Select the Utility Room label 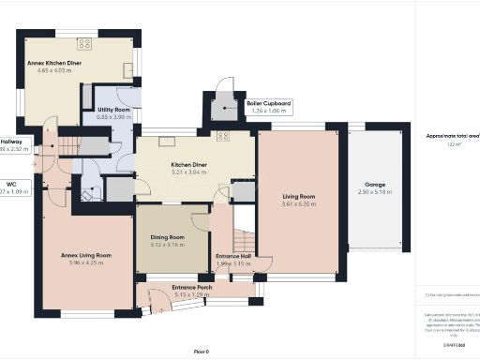click(112, 110)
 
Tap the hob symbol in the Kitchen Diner click(223, 136)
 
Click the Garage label click(375, 185)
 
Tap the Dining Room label click(169, 236)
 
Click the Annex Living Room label click(85, 254)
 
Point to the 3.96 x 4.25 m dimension click(85, 263)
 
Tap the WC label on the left click(11, 184)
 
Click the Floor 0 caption click(201, 351)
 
